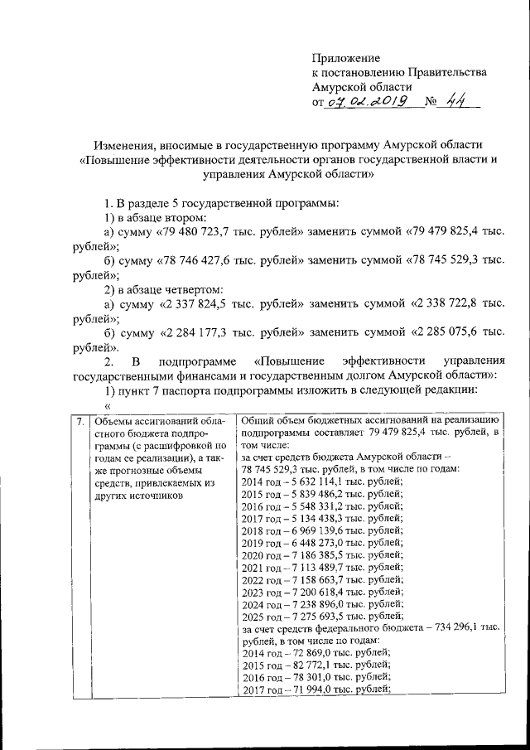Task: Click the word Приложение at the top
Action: click(346, 58)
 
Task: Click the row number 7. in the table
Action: click(79, 422)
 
